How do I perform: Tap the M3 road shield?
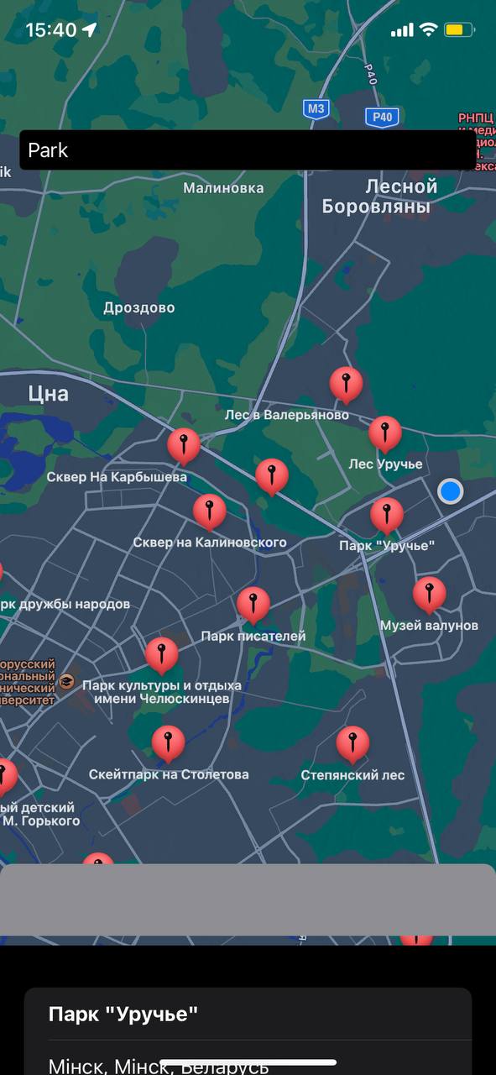[x=316, y=108]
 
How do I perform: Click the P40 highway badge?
[x=382, y=118]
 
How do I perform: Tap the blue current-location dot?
[x=451, y=491]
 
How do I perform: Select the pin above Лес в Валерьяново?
[x=346, y=384]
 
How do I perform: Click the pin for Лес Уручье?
[x=385, y=433]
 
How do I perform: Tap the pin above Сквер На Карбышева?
[x=184, y=445]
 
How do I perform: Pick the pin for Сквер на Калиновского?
[x=209, y=511]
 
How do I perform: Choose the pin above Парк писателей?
[x=253, y=604]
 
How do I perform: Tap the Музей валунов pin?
[x=429, y=594]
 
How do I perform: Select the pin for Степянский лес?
[x=352, y=743]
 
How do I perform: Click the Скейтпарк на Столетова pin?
[x=168, y=742]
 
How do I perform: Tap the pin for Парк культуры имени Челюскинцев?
[x=161, y=654]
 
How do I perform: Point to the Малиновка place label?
[x=223, y=188]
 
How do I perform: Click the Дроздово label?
[x=139, y=307]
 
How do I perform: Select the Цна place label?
[x=48, y=393]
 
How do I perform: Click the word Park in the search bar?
[x=48, y=150]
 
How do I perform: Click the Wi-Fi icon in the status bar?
[x=428, y=30]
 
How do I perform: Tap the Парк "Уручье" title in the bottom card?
[x=123, y=1014]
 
